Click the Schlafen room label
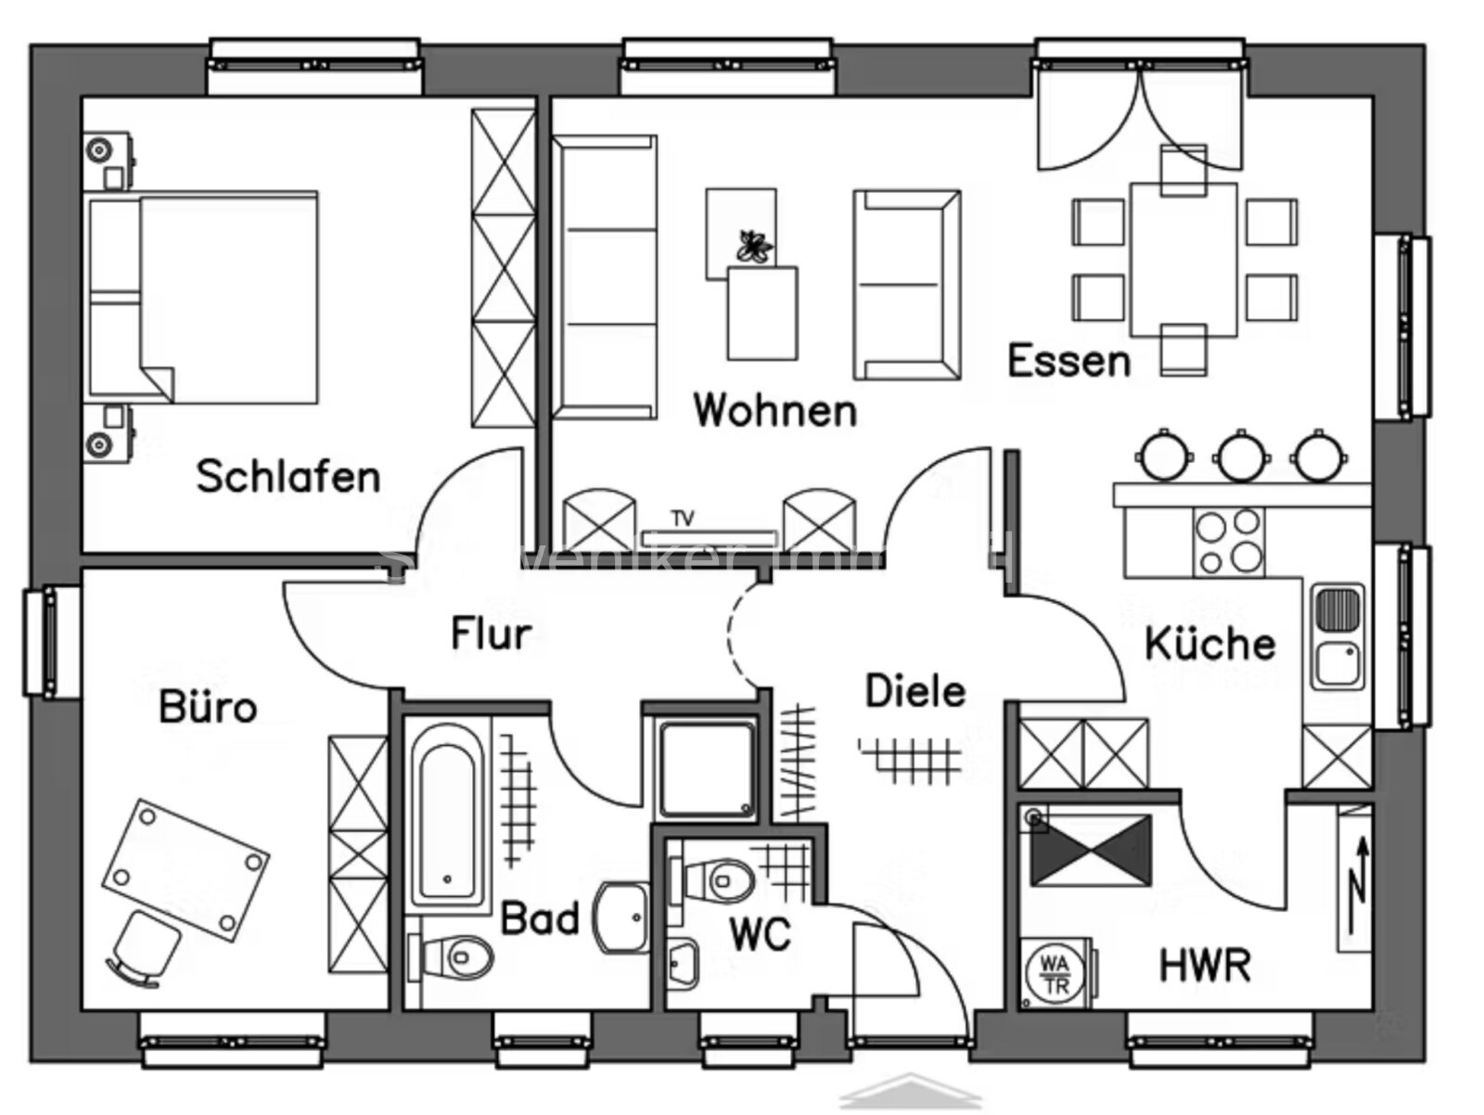[x=288, y=477]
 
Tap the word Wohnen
[x=774, y=410]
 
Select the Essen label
[x=1068, y=361]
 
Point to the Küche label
[x=1209, y=644]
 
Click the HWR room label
[x=1205, y=965]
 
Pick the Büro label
[x=208, y=708]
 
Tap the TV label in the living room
[x=683, y=519]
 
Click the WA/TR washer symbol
[x=1055, y=972]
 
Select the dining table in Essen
[x=1183, y=260]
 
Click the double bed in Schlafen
[x=204, y=297]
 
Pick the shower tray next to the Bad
[x=706, y=769]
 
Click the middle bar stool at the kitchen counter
[x=1241, y=456]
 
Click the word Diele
[x=915, y=691]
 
